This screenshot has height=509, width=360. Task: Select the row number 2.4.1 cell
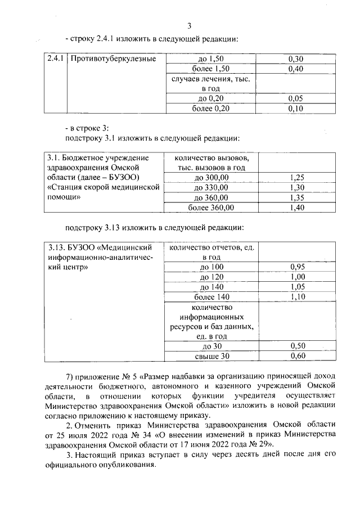coord(56,58)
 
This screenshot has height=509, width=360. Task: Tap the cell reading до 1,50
coord(211,58)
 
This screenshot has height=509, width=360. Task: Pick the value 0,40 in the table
coord(295,69)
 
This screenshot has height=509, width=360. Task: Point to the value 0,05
coord(295,98)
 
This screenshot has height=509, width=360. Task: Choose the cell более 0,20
coord(211,109)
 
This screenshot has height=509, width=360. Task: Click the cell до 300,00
coord(211,178)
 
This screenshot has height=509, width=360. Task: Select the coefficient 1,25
coord(295,178)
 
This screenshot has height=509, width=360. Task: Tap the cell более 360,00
coord(211,208)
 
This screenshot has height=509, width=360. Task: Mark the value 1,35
coord(295,198)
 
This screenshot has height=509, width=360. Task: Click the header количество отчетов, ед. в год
coord(211,251)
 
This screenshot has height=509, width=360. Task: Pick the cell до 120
coord(211,277)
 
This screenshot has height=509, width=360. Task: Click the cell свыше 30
coord(211,356)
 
